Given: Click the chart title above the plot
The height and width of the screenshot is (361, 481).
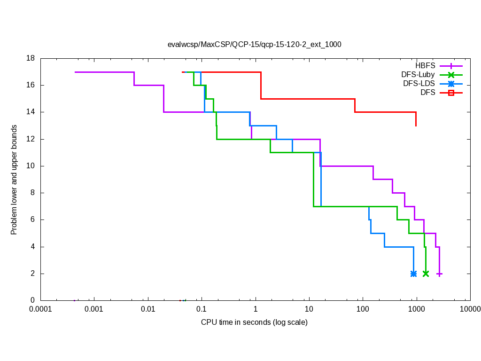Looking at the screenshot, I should click(254, 45).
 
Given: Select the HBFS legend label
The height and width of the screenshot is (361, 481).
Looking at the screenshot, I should click(425, 66).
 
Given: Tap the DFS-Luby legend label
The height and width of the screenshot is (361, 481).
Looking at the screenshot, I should click(418, 75).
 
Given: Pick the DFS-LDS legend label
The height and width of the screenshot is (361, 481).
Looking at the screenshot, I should click(419, 84).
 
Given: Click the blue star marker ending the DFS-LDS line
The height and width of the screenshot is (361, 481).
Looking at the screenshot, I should click(413, 274).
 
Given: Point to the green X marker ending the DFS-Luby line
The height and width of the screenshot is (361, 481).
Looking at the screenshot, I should click(426, 274).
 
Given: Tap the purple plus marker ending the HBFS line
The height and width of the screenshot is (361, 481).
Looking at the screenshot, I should click(440, 274).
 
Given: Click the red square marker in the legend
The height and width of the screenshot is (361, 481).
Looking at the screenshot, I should click(451, 93).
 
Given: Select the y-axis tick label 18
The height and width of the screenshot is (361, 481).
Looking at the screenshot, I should click(31, 59).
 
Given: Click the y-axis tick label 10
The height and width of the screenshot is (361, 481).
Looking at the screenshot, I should click(31, 166).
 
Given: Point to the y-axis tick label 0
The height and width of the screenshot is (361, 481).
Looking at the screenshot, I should click(33, 300).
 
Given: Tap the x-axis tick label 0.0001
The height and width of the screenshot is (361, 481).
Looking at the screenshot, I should click(40, 309).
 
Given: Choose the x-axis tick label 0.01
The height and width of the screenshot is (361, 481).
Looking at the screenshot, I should click(148, 309).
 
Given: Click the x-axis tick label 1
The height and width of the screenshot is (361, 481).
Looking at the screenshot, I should click(255, 309).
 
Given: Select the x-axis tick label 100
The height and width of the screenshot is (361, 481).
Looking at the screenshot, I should click(363, 309).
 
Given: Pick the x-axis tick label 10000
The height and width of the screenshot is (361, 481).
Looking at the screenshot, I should click(470, 309).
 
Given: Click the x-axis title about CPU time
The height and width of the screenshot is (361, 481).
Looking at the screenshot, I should click(254, 322).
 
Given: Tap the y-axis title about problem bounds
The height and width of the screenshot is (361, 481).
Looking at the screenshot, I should click(15, 180).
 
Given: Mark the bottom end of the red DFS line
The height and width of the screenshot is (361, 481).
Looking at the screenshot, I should click(416, 126).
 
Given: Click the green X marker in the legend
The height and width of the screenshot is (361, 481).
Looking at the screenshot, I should click(451, 75).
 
